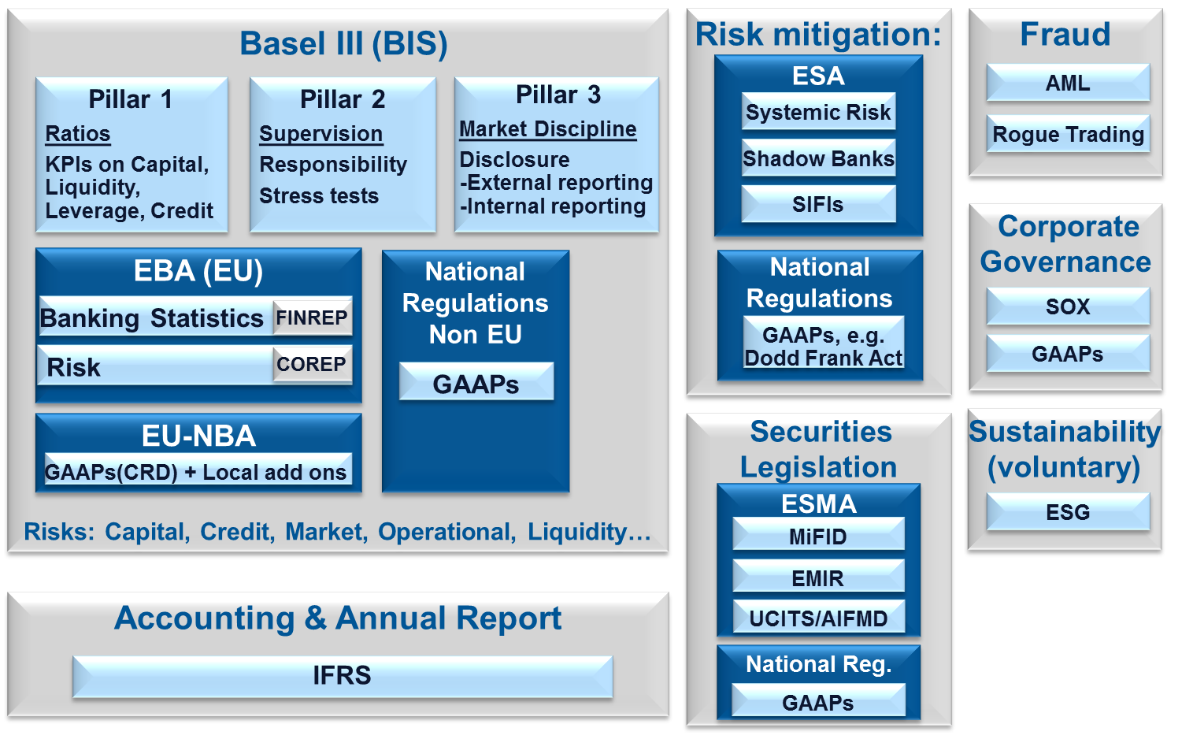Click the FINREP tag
click(x=312, y=318)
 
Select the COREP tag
click(x=312, y=364)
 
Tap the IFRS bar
click(x=343, y=676)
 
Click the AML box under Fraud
click(x=1068, y=83)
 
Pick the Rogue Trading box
click(x=1068, y=134)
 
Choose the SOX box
click(x=1068, y=306)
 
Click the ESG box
click(x=1068, y=512)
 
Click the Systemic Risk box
click(x=819, y=111)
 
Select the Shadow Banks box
click(x=819, y=158)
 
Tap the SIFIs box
click(x=819, y=204)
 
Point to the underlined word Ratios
click(x=78, y=134)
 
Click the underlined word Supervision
click(x=320, y=134)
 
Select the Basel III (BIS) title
click(x=343, y=43)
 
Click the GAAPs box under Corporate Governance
click(x=1068, y=353)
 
